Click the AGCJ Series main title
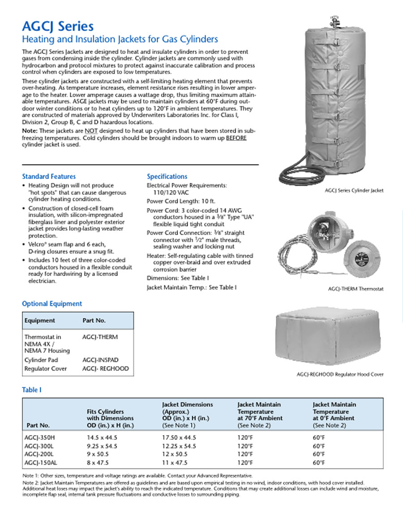point(58,26)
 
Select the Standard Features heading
point(49,176)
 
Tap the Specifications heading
point(167,176)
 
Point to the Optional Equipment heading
point(52,304)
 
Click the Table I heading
point(32,390)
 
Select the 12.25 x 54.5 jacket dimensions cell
point(179,446)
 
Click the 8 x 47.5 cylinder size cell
point(98,462)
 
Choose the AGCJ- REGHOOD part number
point(105,368)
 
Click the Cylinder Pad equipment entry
point(41,360)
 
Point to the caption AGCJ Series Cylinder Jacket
point(354,190)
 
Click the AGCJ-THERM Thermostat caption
point(356,289)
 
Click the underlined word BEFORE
point(236,137)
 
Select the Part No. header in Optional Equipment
point(94,320)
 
